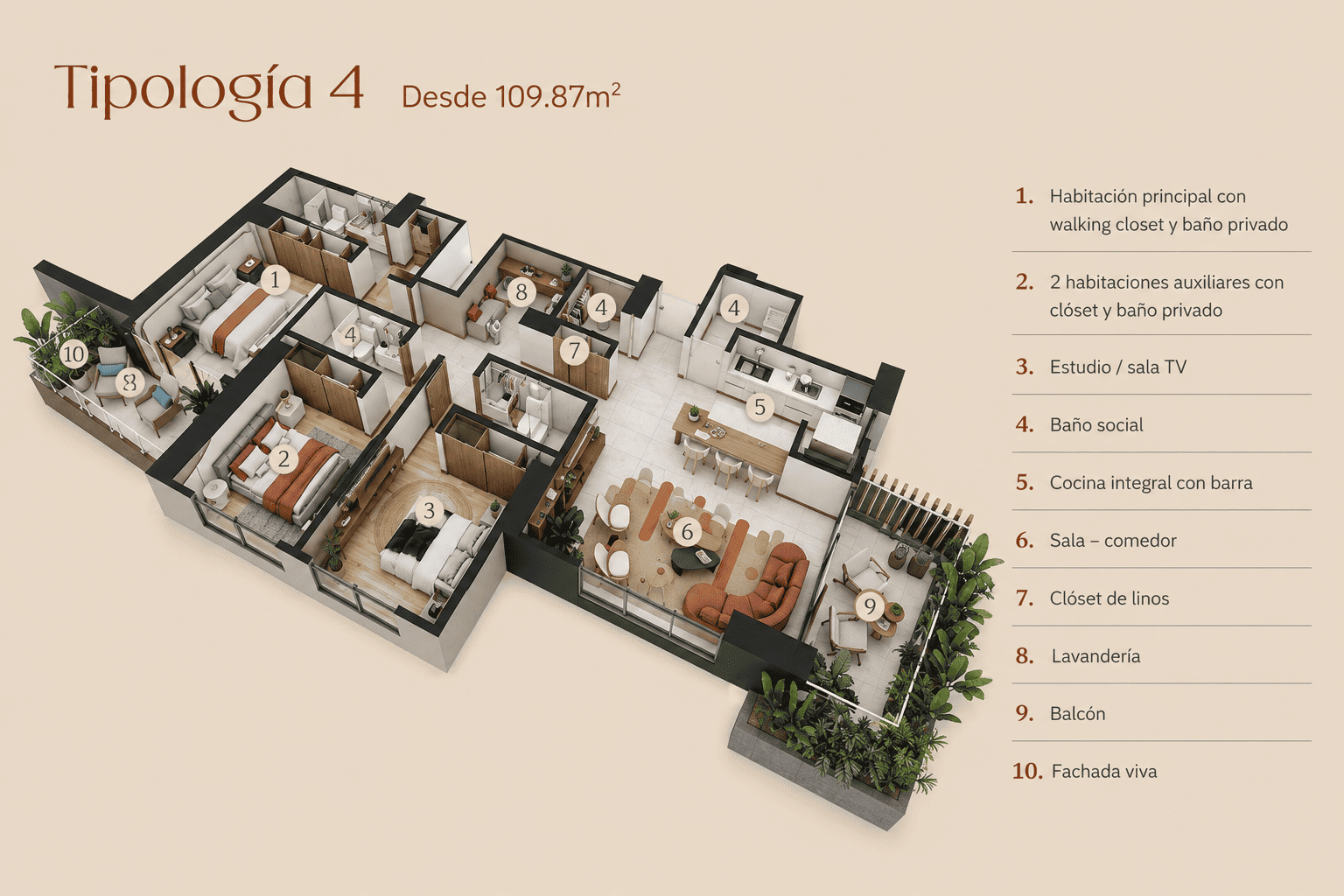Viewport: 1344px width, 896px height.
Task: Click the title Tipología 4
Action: tap(209, 89)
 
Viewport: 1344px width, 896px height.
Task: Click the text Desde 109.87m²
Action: tap(511, 96)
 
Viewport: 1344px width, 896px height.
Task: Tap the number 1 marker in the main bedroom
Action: tap(275, 280)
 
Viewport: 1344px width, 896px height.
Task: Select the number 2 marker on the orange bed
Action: tap(283, 459)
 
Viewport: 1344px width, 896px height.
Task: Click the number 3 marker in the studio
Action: tap(429, 511)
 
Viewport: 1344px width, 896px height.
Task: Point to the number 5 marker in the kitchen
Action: tap(759, 407)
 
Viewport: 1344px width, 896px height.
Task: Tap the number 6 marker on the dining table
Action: tap(687, 532)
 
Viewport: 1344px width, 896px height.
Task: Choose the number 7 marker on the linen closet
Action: tap(574, 350)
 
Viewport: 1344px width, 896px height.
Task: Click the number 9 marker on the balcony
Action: tap(870, 606)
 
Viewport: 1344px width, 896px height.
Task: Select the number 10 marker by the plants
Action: tap(73, 354)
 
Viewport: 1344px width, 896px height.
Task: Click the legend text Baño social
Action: tap(1096, 425)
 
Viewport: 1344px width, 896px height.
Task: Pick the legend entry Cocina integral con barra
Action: tap(1151, 482)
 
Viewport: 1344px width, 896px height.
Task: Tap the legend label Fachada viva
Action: tap(1104, 771)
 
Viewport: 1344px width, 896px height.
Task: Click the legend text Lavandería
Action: tap(1095, 656)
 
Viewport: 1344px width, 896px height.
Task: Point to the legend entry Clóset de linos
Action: tap(1109, 598)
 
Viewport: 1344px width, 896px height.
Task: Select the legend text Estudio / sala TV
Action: tap(1117, 367)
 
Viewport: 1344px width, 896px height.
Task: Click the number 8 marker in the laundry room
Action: tap(521, 292)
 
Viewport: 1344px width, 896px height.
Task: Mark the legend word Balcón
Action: tap(1077, 713)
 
